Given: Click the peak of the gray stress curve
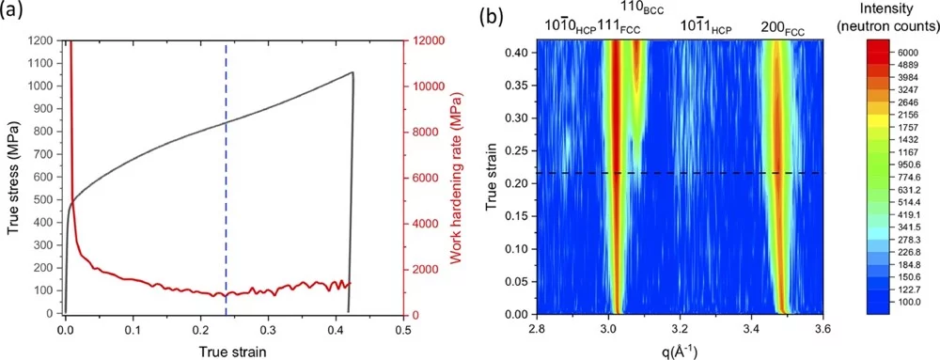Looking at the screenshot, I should click(352, 72).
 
